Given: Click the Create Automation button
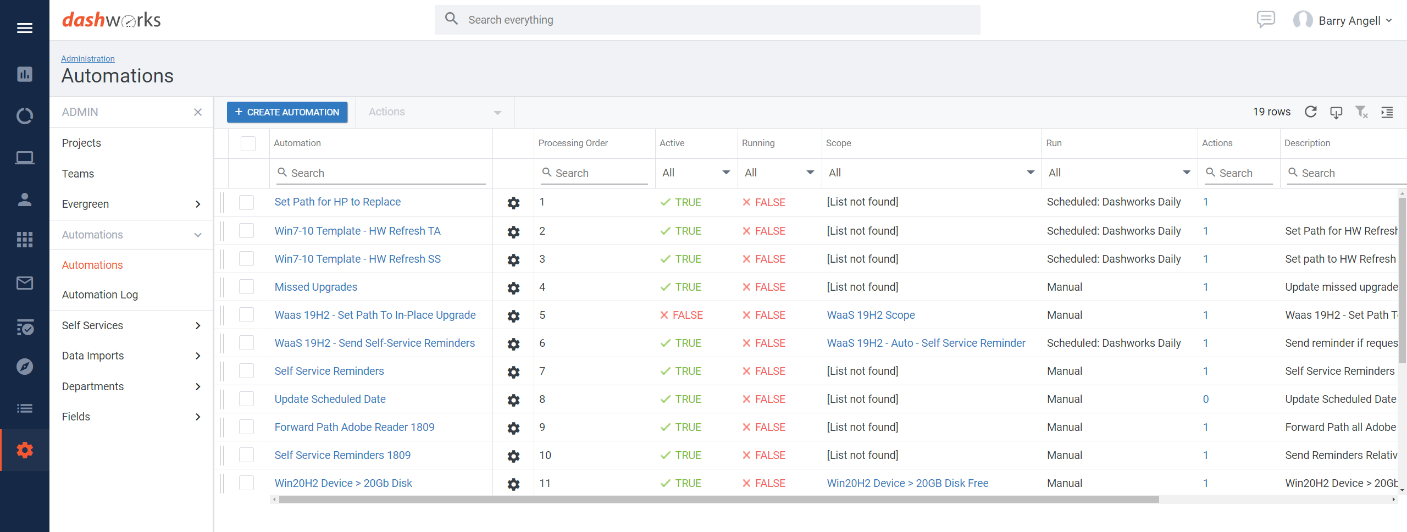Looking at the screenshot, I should tap(287, 112).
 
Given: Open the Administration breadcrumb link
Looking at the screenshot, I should tap(88, 59).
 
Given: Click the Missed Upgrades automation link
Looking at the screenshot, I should tap(315, 287).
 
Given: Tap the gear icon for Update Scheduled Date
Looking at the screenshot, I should tap(513, 400).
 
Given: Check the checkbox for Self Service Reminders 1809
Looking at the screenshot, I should tap(247, 455).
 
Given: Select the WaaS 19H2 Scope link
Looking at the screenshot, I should tap(871, 315).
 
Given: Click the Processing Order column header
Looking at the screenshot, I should tap(573, 143).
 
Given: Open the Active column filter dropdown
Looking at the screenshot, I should tap(695, 173).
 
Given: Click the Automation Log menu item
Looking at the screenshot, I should tap(100, 295).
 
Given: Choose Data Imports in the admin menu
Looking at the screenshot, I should tap(93, 356).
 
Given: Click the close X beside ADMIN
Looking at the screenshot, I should tap(198, 112).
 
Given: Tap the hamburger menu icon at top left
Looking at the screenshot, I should tap(25, 28).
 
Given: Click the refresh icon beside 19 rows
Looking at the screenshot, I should tap(1311, 112).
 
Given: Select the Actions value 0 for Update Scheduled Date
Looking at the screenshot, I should tap(1206, 400).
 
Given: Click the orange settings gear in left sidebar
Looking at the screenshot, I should tap(25, 450).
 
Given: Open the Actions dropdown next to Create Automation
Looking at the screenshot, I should tap(434, 112).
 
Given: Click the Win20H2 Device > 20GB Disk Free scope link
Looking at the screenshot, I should tap(907, 483).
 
